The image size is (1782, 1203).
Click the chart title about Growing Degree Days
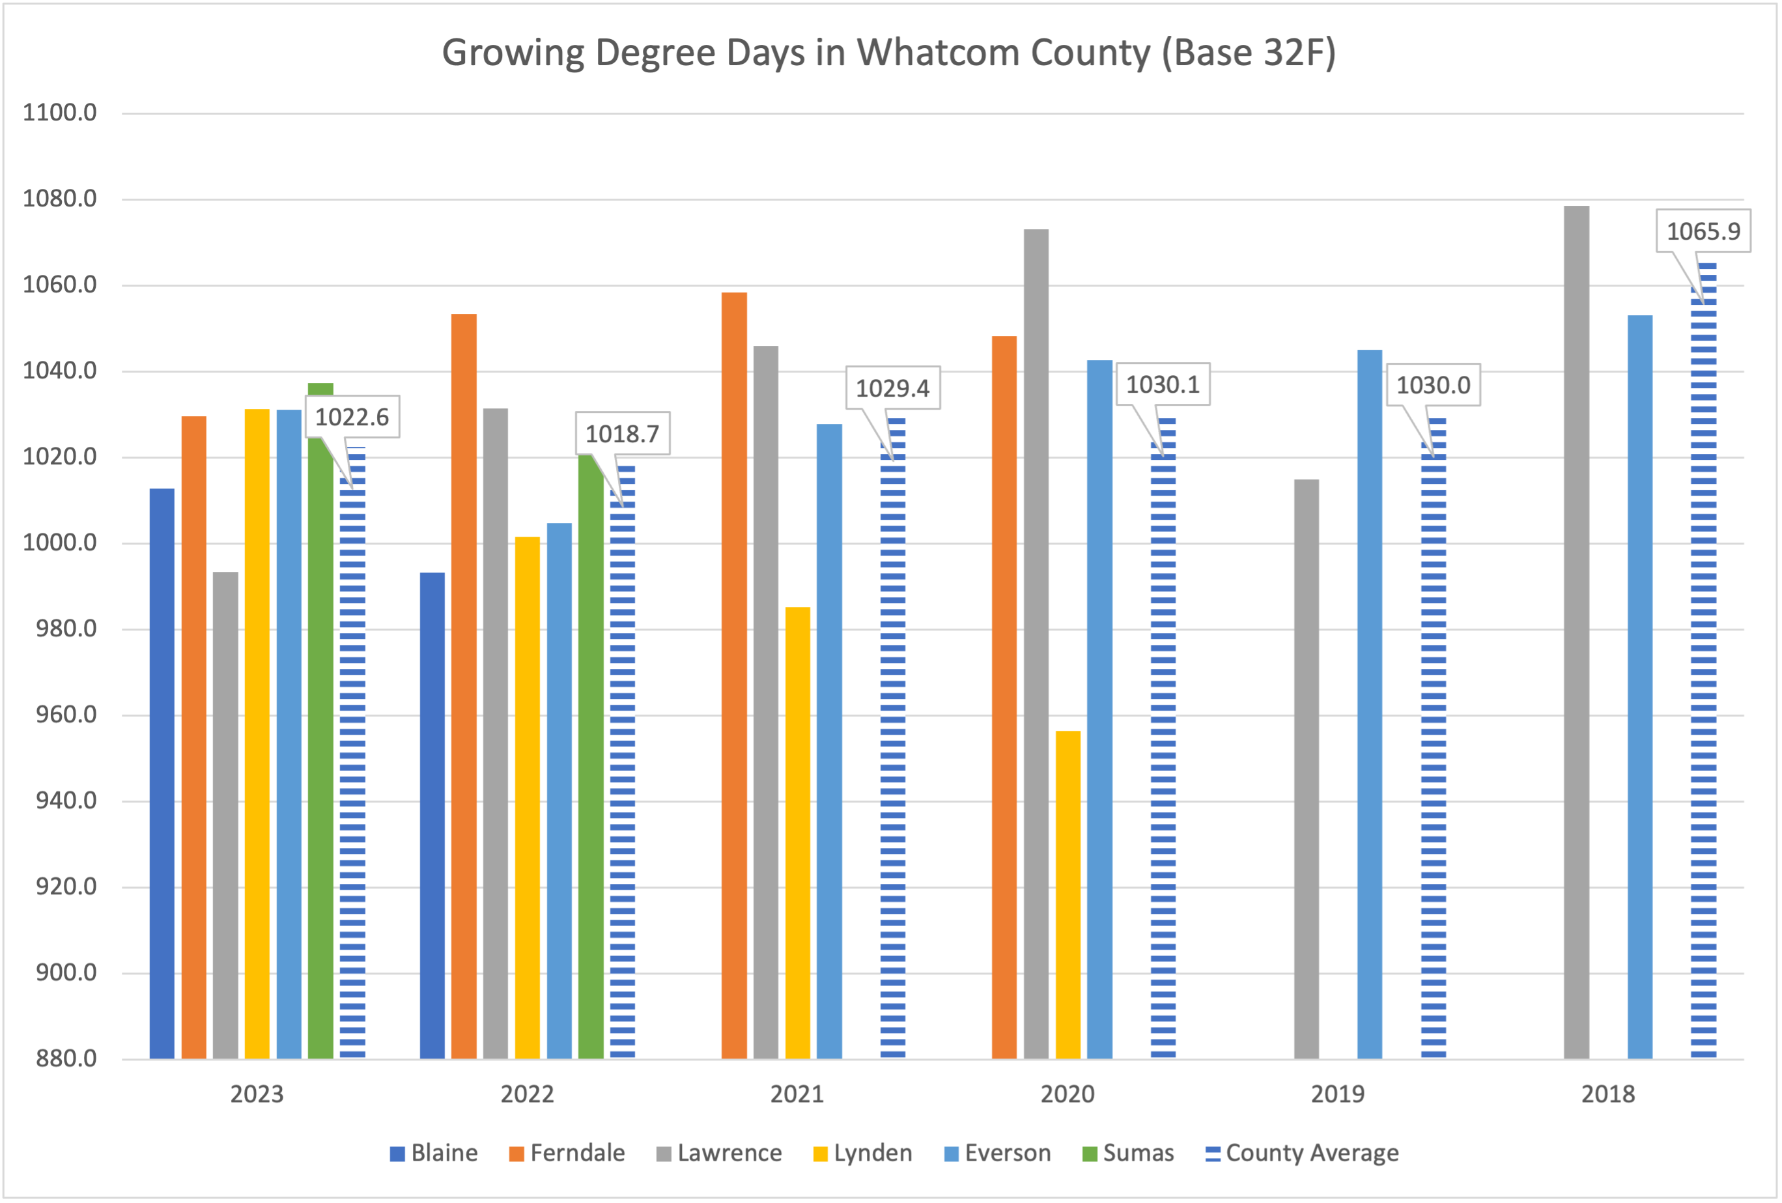(888, 53)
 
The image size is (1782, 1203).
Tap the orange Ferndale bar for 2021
(734, 675)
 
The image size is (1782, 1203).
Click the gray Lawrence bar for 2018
(1576, 632)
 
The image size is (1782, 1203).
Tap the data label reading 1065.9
(1703, 231)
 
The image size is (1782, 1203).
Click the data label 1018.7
(622, 434)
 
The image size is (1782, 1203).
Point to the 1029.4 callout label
(892, 388)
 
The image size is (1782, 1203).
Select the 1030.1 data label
(1163, 384)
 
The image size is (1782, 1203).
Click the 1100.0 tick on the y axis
(60, 113)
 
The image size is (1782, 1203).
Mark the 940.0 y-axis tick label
(66, 800)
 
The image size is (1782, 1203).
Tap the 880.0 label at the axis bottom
(66, 1058)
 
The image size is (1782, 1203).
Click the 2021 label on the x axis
(797, 1094)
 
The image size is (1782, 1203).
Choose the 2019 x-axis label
(1337, 1094)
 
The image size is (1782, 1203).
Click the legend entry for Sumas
(1128, 1153)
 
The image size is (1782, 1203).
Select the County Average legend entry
(1302, 1153)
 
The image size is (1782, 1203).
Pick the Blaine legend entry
(434, 1153)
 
